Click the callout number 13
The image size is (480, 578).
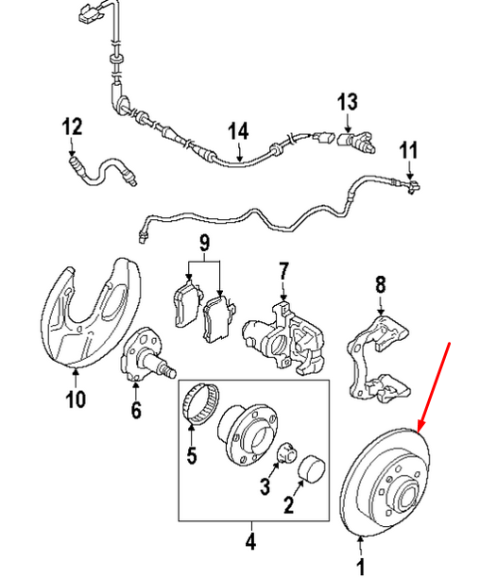pos(348,102)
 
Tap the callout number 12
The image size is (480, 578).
pos(72,127)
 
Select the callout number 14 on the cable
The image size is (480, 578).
pos(238,131)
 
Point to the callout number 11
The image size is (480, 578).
pos(408,150)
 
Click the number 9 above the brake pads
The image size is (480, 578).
pos(204,243)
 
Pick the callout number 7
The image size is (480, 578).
pos(283,271)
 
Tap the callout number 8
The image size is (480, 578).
pos(380,284)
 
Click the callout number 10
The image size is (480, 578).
pos(76,399)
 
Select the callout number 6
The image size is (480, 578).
pos(136,410)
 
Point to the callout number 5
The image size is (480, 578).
pos(192,455)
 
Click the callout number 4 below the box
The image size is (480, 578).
pos(250,541)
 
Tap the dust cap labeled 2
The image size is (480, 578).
pos(311,468)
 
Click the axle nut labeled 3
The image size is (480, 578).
pos(286,452)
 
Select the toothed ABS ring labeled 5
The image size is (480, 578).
pos(200,404)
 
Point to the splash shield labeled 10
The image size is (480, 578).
pos(90,314)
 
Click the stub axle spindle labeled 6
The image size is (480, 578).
pos(148,354)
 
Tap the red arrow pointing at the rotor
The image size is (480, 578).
pos(433,387)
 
